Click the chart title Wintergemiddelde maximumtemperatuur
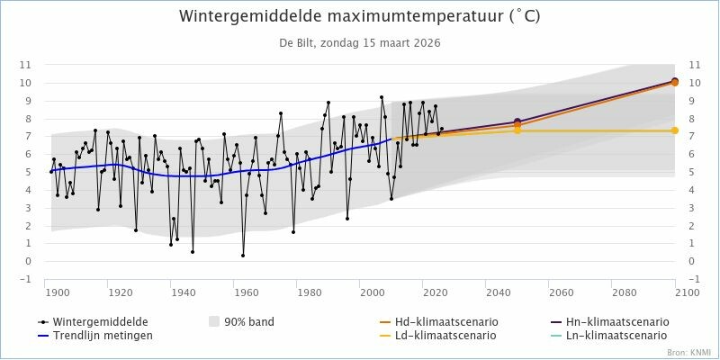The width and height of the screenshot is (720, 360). pyautogui.click(x=360, y=17)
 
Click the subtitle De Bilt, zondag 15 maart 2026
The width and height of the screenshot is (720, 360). pyautogui.click(x=360, y=42)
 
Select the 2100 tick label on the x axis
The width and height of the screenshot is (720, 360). pyautogui.click(x=687, y=292)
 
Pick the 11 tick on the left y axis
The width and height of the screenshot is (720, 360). pyautogui.click(x=25, y=65)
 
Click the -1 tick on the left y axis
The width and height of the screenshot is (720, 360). pyautogui.click(x=25, y=280)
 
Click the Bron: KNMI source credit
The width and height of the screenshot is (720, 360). pyautogui.click(x=688, y=352)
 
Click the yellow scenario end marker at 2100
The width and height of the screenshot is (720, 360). pyautogui.click(x=675, y=130)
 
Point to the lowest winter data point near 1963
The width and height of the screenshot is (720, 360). pyautogui.click(x=243, y=256)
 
